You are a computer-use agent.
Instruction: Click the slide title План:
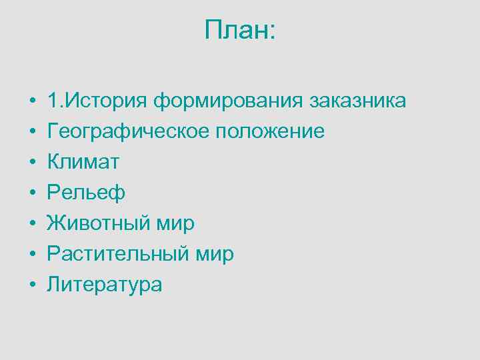[x=240, y=30]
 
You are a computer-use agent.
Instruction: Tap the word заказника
[x=357, y=101]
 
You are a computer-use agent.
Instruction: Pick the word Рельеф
[x=86, y=193]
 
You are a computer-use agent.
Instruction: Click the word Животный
[x=99, y=223]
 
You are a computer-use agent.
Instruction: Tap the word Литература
[x=104, y=285]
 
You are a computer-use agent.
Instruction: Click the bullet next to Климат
[x=32, y=163]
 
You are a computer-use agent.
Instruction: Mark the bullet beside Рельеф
[x=32, y=193]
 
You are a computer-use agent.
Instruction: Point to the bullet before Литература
[x=32, y=285]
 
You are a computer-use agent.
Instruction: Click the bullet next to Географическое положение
[x=32, y=132]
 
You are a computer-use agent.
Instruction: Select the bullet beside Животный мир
[x=32, y=224]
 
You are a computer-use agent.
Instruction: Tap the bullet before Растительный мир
[x=32, y=255]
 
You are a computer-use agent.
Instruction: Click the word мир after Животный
[x=175, y=224]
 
